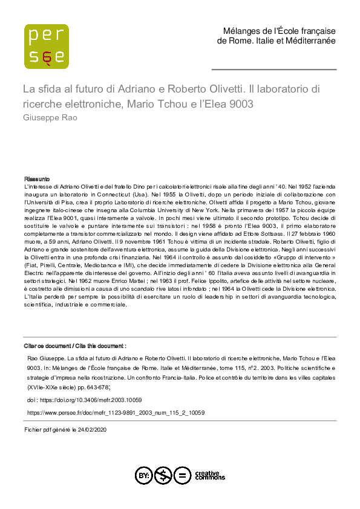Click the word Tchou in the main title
point(182,103)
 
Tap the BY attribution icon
point(143,475)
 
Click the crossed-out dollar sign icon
point(162,475)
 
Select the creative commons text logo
point(210,475)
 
